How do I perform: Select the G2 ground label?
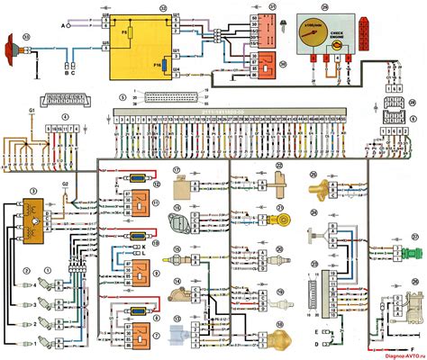point(64,184)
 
